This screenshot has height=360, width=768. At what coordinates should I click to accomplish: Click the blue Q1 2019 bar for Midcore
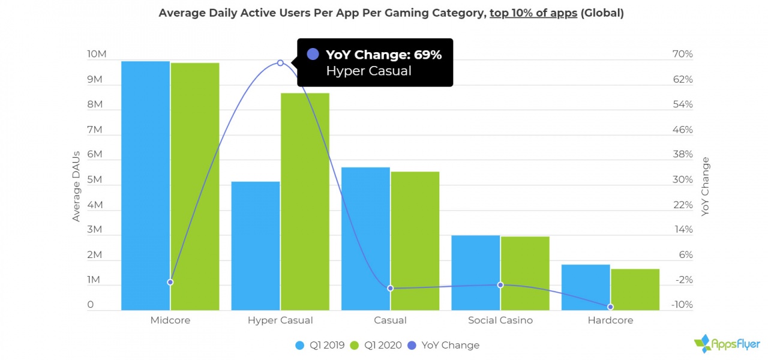145,186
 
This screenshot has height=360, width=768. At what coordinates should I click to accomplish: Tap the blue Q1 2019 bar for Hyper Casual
256,246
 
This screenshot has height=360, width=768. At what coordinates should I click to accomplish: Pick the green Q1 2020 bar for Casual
415,241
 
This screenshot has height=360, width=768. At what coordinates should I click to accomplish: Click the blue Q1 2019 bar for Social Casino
476,272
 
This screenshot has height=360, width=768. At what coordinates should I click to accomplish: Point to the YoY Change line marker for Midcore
170,282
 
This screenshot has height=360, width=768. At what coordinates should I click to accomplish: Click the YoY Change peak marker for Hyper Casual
280,63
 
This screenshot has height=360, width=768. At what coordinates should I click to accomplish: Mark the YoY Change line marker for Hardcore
611,307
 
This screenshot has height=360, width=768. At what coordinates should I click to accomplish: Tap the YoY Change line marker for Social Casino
500,285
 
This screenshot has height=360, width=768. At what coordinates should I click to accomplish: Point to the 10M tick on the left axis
97,55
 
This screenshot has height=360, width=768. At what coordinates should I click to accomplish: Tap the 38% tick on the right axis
683,155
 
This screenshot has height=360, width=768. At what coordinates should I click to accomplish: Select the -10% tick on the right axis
682,305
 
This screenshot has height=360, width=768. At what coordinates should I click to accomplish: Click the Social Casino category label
500,320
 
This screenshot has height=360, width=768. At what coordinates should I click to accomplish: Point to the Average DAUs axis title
76,186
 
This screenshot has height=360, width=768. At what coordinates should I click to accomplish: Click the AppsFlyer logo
727,344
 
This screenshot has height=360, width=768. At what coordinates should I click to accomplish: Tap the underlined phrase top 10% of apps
533,13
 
